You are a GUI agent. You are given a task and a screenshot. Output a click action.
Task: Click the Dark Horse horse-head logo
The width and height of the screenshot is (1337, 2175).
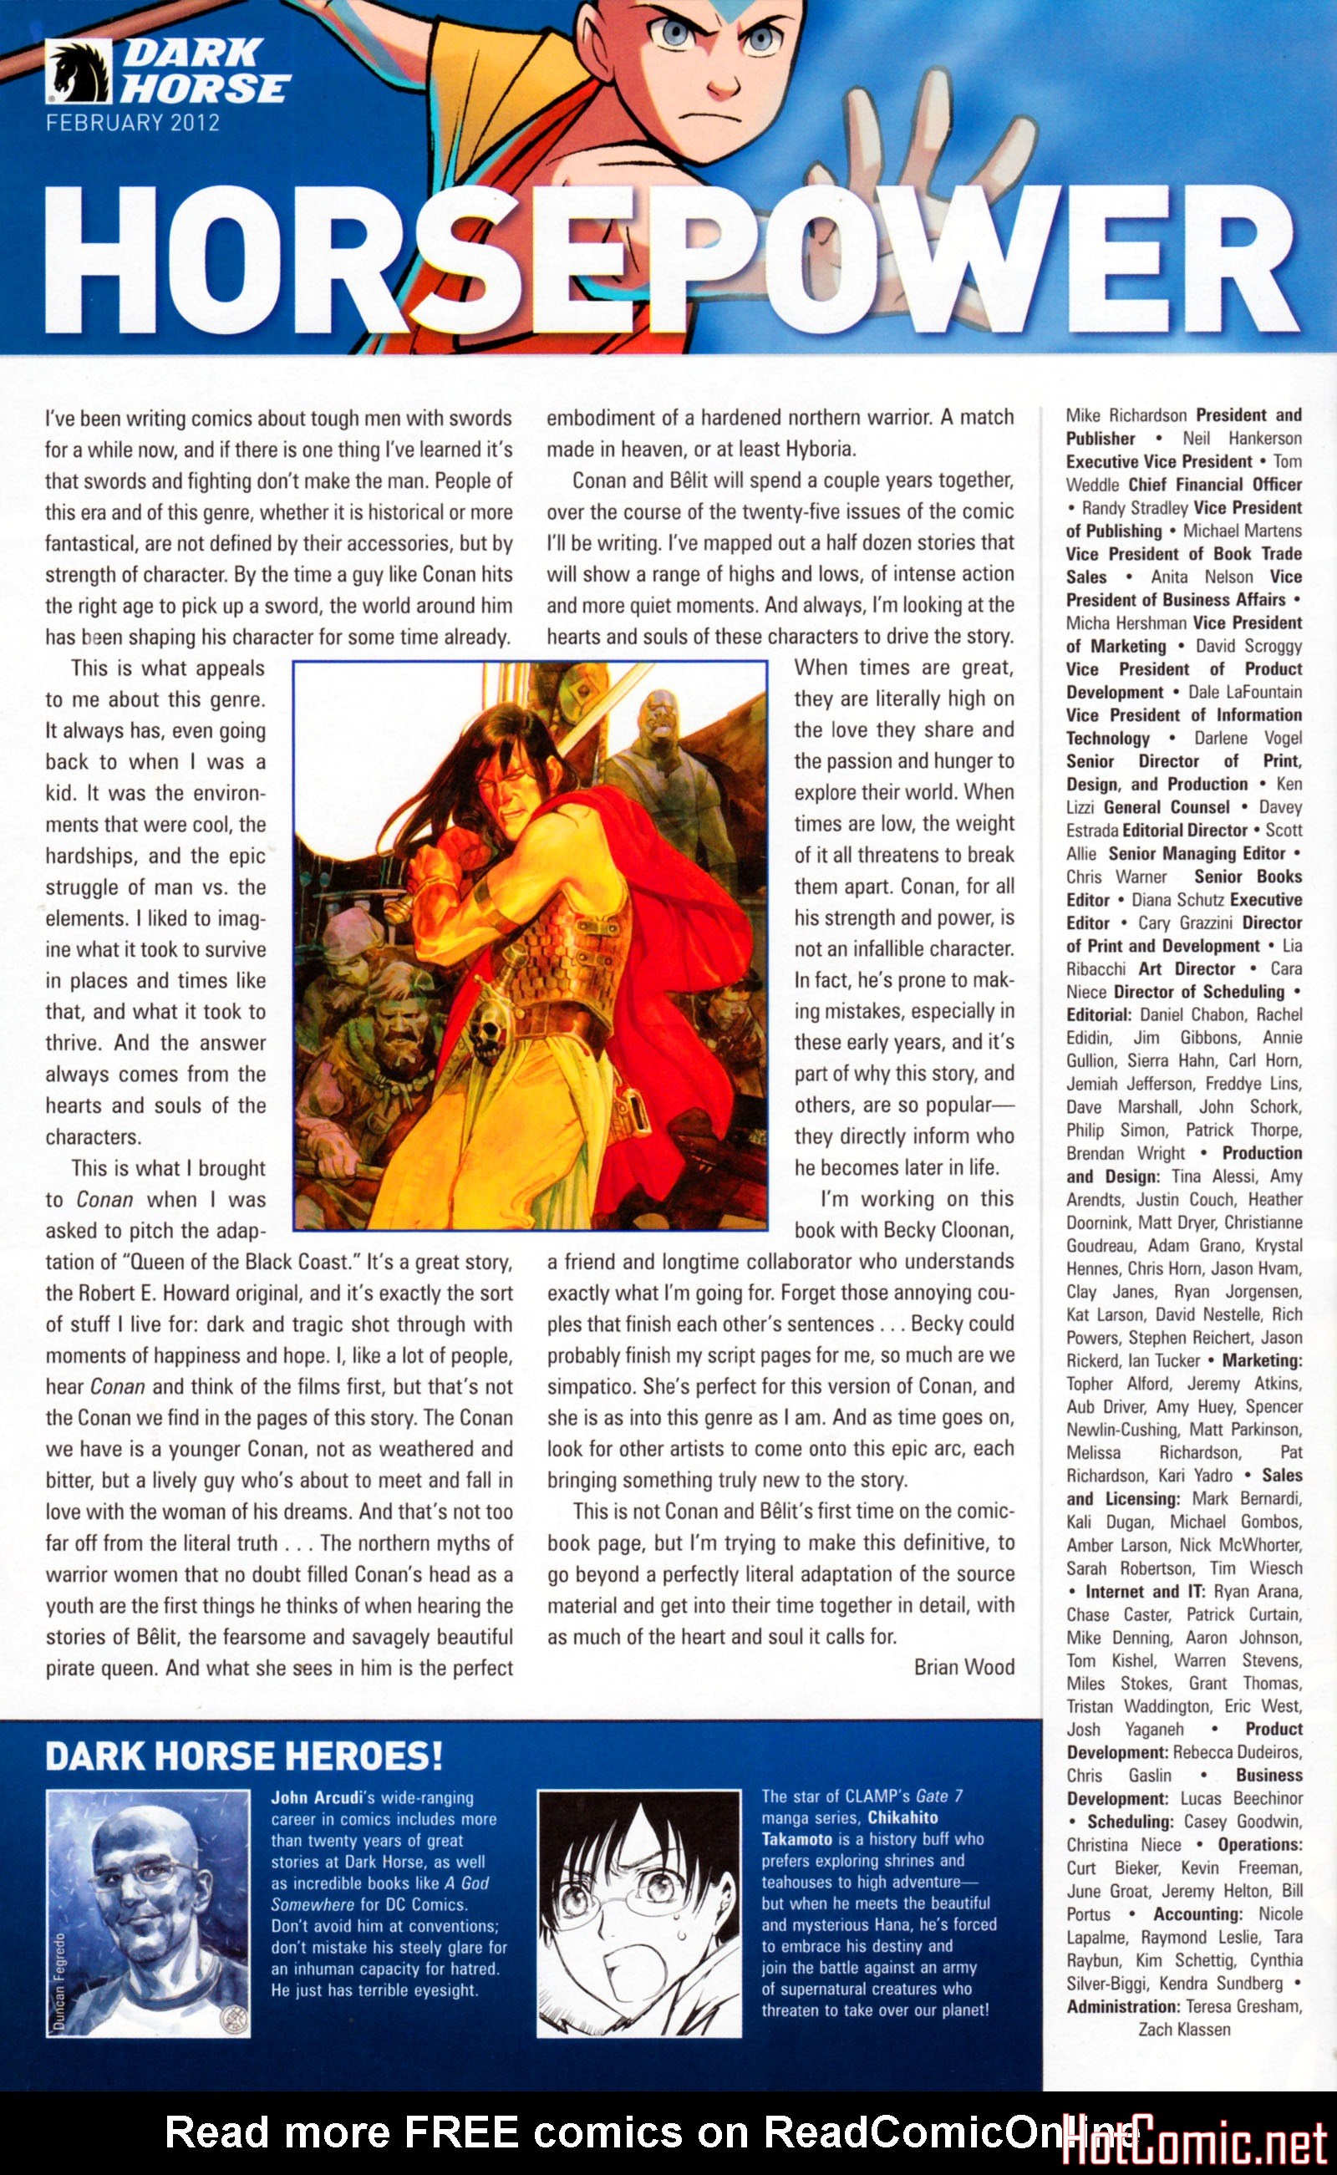click(x=78, y=74)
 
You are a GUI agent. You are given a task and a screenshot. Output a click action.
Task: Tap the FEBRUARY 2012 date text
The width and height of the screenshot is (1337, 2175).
click(x=133, y=123)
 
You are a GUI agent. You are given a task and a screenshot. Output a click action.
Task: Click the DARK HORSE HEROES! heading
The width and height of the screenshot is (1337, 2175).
click(x=243, y=1756)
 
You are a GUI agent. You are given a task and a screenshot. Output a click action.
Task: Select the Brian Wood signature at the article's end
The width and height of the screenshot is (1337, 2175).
click(x=963, y=1668)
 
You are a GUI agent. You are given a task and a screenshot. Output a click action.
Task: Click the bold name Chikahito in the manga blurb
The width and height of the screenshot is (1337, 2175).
click(x=902, y=1818)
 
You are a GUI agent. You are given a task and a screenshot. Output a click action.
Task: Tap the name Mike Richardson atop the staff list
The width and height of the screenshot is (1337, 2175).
click(x=1126, y=415)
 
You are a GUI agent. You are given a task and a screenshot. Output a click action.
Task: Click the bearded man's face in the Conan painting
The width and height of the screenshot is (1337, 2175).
click(x=393, y=1040)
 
